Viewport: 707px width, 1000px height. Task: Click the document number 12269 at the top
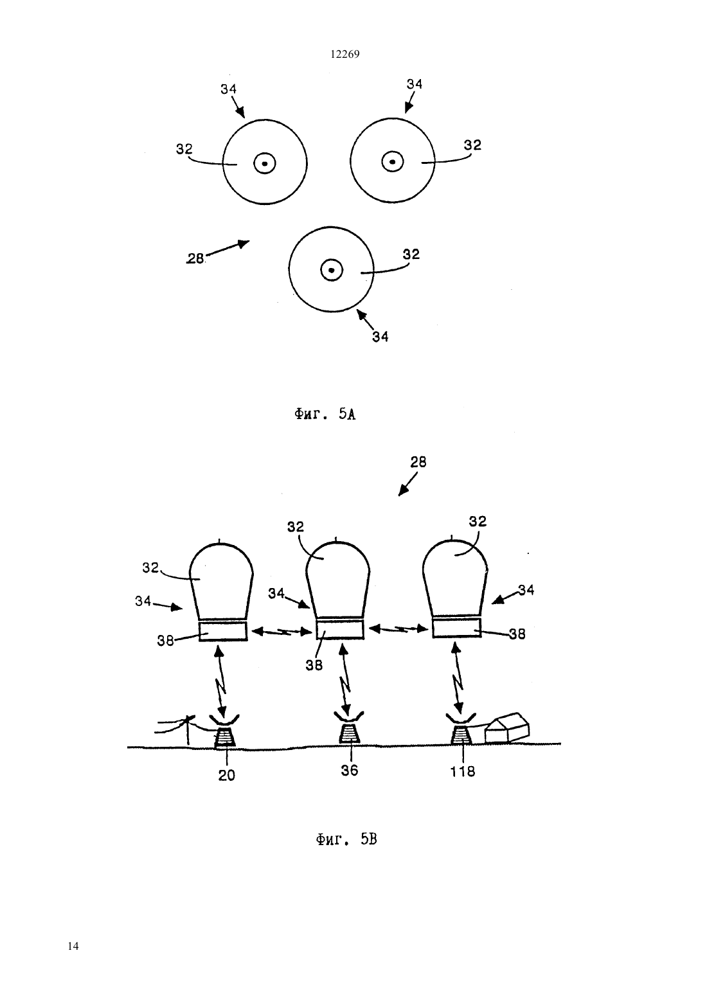[345, 55]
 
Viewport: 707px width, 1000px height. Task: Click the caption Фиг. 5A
[325, 415]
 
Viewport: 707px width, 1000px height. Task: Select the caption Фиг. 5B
[346, 840]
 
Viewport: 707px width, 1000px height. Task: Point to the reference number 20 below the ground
[226, 776]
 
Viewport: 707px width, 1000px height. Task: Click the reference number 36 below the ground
[350, 771]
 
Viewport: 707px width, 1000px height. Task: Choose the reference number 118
[462, 771]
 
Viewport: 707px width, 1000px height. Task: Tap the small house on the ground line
[507, 728]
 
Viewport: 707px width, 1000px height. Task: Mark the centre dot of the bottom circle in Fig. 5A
[332, 270]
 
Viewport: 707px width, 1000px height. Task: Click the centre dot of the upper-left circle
[265, 163]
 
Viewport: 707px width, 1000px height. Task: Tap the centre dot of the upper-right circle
[392, 161]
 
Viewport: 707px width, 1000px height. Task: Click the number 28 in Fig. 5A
[195, 258]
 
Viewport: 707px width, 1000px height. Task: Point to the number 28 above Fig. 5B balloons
[418, 462]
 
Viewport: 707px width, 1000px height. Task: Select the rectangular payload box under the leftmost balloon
[223, 631]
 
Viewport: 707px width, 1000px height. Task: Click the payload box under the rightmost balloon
[456, 627]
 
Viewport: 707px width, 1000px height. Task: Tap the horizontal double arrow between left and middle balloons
[282, 631]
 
